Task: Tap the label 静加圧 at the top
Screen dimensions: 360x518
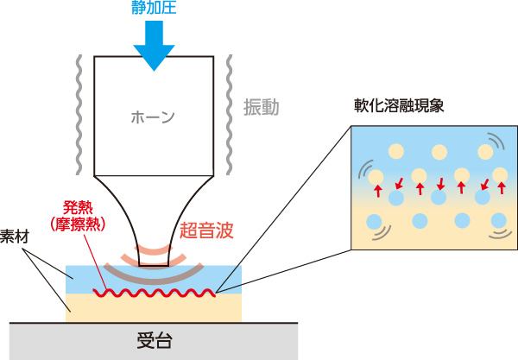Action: pyautogui.click(x=154, y=9)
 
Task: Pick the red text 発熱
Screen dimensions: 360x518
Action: pyautogui.click(x=77, y=207)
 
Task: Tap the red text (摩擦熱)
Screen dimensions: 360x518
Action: pyautogui.click(x=77, y=224)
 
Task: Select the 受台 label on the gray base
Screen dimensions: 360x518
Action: pyautogui.click(x=155, y=339)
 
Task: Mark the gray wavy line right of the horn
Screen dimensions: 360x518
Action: pyautogui.click(x=229, y=112)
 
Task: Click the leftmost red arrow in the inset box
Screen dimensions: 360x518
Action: pyautogui.click(x=376, y=187)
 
